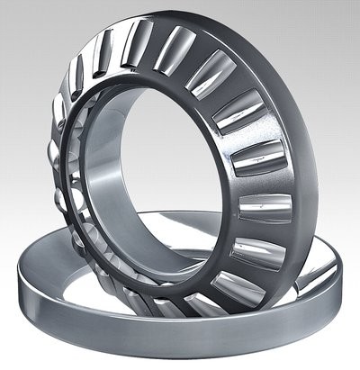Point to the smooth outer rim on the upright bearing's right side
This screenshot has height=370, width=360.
pyautogui.click(x=301, y=180)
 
